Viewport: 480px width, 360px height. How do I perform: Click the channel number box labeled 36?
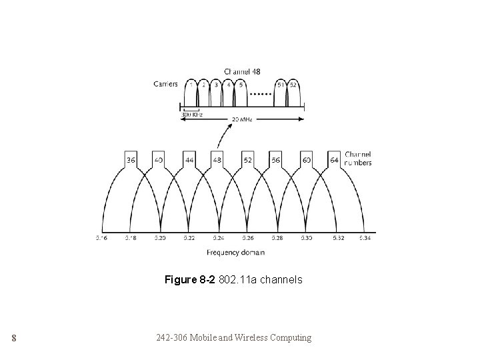[x=131, y=160]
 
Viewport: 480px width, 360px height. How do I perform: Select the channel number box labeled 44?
[x=189, y=160]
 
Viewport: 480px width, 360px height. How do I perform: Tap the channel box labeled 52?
[x=247, y=160]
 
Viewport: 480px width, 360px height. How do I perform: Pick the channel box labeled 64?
[x=335, y=160]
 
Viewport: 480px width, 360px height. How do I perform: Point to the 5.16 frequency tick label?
[x=102, y=237]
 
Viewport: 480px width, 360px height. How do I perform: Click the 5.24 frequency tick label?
[x=219, y=237]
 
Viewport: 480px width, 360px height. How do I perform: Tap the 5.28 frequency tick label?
[x=277, y=237]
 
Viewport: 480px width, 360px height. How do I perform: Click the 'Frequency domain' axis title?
[x=235, y=253]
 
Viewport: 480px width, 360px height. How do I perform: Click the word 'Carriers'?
[x=165, y=84]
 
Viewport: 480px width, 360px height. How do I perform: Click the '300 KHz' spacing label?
[x=192, y=115]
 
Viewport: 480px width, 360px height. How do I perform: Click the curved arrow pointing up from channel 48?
[x=217, y=138]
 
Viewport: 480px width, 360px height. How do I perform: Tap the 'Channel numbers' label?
[x=359, y=159]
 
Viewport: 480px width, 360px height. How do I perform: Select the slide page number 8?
[x=13, y=338]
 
